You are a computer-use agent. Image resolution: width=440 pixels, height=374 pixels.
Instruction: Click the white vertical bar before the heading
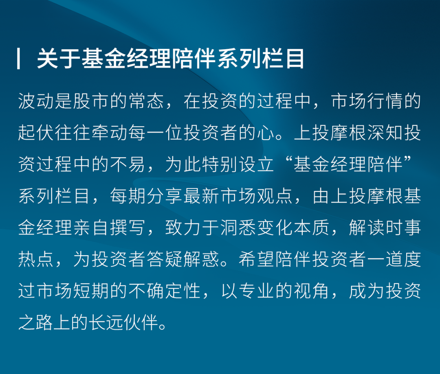point(18,59)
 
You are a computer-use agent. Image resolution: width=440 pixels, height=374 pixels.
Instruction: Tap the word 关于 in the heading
point(59,59)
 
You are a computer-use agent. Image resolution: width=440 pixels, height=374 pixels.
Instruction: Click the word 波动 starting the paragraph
point(36,101)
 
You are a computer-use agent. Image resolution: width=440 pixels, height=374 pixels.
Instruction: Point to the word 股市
point(91,101)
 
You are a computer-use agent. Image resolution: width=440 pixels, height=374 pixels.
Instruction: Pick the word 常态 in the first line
point(146,101)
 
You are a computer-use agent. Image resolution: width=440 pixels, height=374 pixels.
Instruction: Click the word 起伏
point(36,133)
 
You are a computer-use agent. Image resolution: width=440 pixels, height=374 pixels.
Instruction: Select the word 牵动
point(110,133)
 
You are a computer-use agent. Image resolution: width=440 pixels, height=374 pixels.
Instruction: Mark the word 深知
point(385,133)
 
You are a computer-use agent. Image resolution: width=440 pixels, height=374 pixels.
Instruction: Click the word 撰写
point(128,227)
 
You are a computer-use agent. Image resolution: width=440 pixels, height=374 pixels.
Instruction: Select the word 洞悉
point(238,227)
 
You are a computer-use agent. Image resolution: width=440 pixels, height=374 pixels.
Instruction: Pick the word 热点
point(36,259)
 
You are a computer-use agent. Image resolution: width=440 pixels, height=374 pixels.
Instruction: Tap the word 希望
point(257,259)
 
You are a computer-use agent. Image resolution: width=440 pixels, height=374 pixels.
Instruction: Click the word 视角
point(312,291)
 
